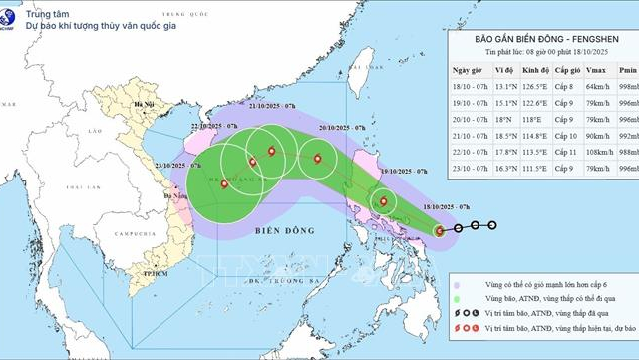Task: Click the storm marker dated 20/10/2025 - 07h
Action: coord(317,158)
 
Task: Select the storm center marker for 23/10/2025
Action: coord(223,183)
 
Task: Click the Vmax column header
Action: coord(596,70)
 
